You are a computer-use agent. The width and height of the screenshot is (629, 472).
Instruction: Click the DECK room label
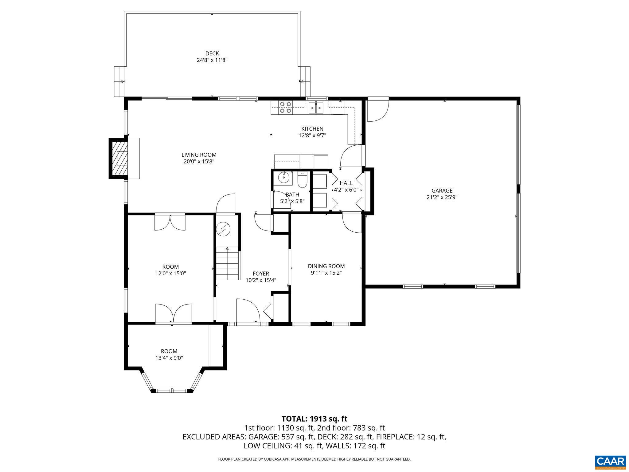(x=212, y=53)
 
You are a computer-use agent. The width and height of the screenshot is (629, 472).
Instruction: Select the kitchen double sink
(x=316, y=108)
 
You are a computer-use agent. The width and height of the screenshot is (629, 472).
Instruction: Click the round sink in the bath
(x=283, y=177)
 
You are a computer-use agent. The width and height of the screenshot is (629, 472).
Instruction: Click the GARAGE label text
(x=442, y=191)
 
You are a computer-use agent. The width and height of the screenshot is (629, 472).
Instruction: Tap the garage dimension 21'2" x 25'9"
(x=442, y=197)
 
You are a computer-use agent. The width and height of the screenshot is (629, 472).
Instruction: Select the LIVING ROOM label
(x=199, y=155)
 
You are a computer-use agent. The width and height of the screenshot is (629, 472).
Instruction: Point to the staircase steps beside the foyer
(x=227, y=264)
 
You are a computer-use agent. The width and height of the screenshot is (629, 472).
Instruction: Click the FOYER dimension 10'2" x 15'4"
(x=261, y=280)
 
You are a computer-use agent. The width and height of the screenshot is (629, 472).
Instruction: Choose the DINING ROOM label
(x=326, y=266)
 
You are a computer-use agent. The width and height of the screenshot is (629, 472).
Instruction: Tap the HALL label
(x=346, y=183)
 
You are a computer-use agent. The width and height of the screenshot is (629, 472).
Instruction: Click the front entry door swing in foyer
(x=248, y=310)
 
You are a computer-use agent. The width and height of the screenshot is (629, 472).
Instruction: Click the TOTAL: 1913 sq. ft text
(x=314, y=419)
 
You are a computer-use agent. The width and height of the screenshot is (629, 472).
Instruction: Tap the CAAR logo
(x=610, y=461)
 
